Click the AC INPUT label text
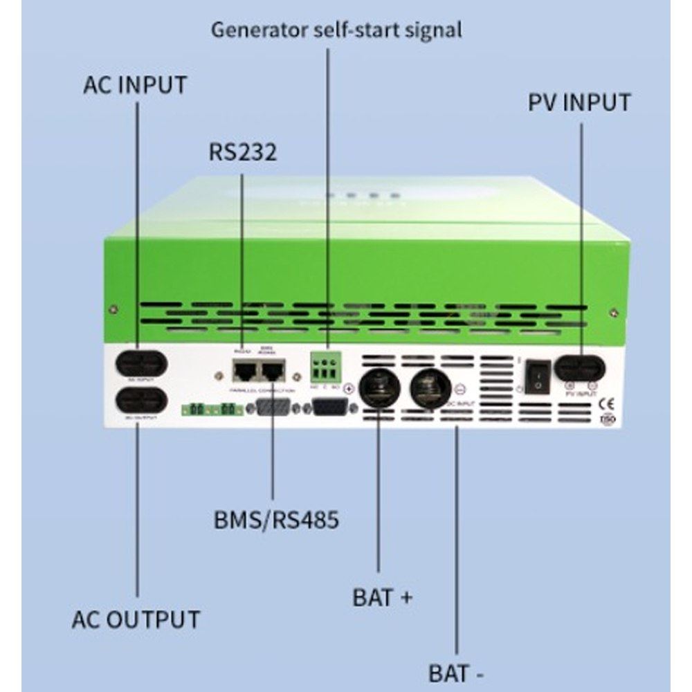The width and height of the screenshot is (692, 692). pyautogui.click(x=135, y=85)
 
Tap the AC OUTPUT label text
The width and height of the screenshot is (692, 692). pyautogui.click(x=136, y=619)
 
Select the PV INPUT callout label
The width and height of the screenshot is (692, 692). pyautogui.click(x=579, y=102)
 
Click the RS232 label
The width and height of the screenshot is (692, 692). pyautogui.click(x=242, y=152)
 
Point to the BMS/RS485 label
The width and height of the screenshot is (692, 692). pyautogui.click(x=276, y=519)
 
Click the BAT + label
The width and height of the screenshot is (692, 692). pyautogui.click(x=382, y=597)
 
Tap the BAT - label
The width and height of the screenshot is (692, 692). pyautogui.click(x=456, y=672)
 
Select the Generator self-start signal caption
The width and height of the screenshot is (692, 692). pyautogui.click(x=336, y=30)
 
